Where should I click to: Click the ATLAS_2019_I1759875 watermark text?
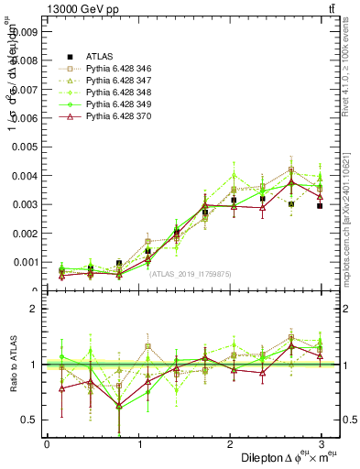coord(191,273)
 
